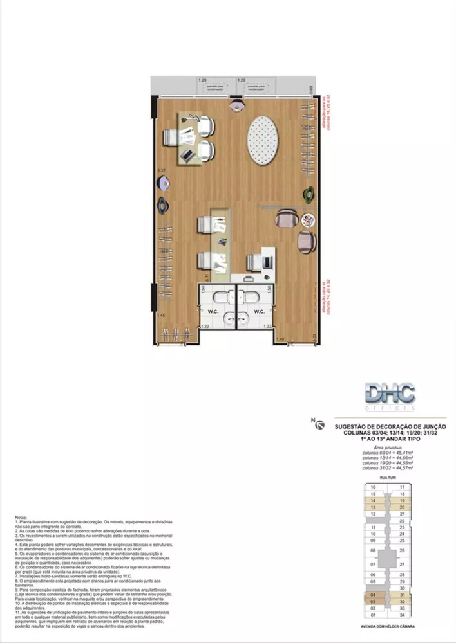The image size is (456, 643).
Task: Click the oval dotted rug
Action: (x=267, y=140)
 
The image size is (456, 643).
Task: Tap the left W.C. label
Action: (x=212, y=312)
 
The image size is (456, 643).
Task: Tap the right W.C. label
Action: (x=260, y=312)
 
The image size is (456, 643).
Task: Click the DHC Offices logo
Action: (x=389, y=396)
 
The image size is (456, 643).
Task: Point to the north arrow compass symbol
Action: (x=314, y=422)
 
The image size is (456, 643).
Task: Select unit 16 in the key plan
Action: (x=373, y=487)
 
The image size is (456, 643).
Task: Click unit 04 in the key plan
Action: (x=373, y=595)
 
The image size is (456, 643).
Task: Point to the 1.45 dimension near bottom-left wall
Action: (x=160, y=315)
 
